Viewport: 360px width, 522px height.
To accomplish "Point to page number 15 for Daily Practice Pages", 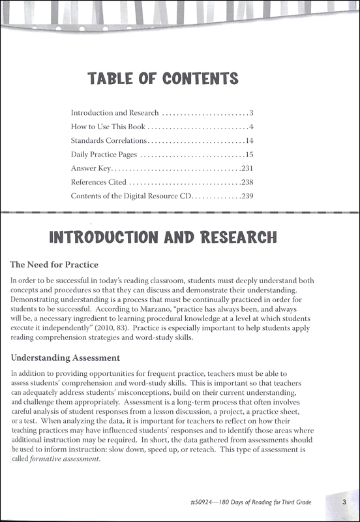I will click(x=248, y=155).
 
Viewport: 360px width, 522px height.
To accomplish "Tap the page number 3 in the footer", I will click(x=343, y=502).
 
